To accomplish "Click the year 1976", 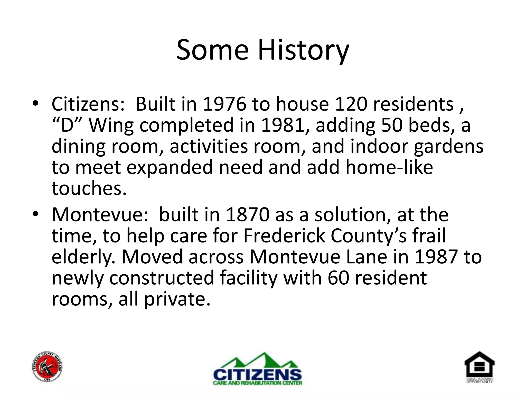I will [x=224, y=104].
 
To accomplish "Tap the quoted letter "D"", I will [x=67, y=125].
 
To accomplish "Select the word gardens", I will [x=448, y=147].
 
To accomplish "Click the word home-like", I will [x=389, y=167].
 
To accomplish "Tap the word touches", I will [x=89, y=188].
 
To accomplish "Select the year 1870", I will [x=248, y=215].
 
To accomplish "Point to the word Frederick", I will [x=284, y=236].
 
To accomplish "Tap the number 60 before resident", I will [x=338, y=278].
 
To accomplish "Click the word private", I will [x=177, y=299].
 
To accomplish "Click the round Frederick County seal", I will [x=48, y=366].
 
